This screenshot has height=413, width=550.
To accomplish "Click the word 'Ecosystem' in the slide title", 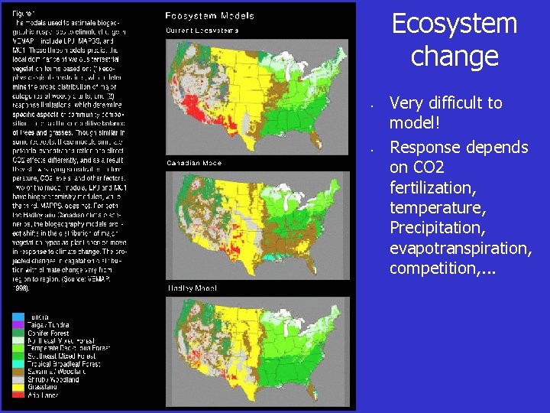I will pyautogui.click(x=455, y=24).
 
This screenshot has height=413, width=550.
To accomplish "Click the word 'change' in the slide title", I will pyautogui.click(x=455, y=57).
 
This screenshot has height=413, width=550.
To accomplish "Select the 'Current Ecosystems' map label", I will pyautogui.click(x=202, y=31).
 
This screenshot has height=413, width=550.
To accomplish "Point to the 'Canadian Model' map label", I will pyautogui.click(x=194, y=164).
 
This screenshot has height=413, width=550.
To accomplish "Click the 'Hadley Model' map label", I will pyautogui.click(x=191, y=288).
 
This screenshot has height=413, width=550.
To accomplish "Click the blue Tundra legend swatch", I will pyautogui.click(x=18, y=317).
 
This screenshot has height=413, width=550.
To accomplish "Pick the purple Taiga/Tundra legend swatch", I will pyautogui.click(x=18, y=325).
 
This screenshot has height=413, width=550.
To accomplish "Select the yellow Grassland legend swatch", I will pyautogui.click(x=18, y=387).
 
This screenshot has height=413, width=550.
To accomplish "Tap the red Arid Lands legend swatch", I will pyautogui.click(x=18, y=395).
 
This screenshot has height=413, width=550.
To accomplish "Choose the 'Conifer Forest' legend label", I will pyautogui.click(x=49, y=333).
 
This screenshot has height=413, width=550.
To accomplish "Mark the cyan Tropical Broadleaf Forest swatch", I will pyautogui.click(x=18, y=364).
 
